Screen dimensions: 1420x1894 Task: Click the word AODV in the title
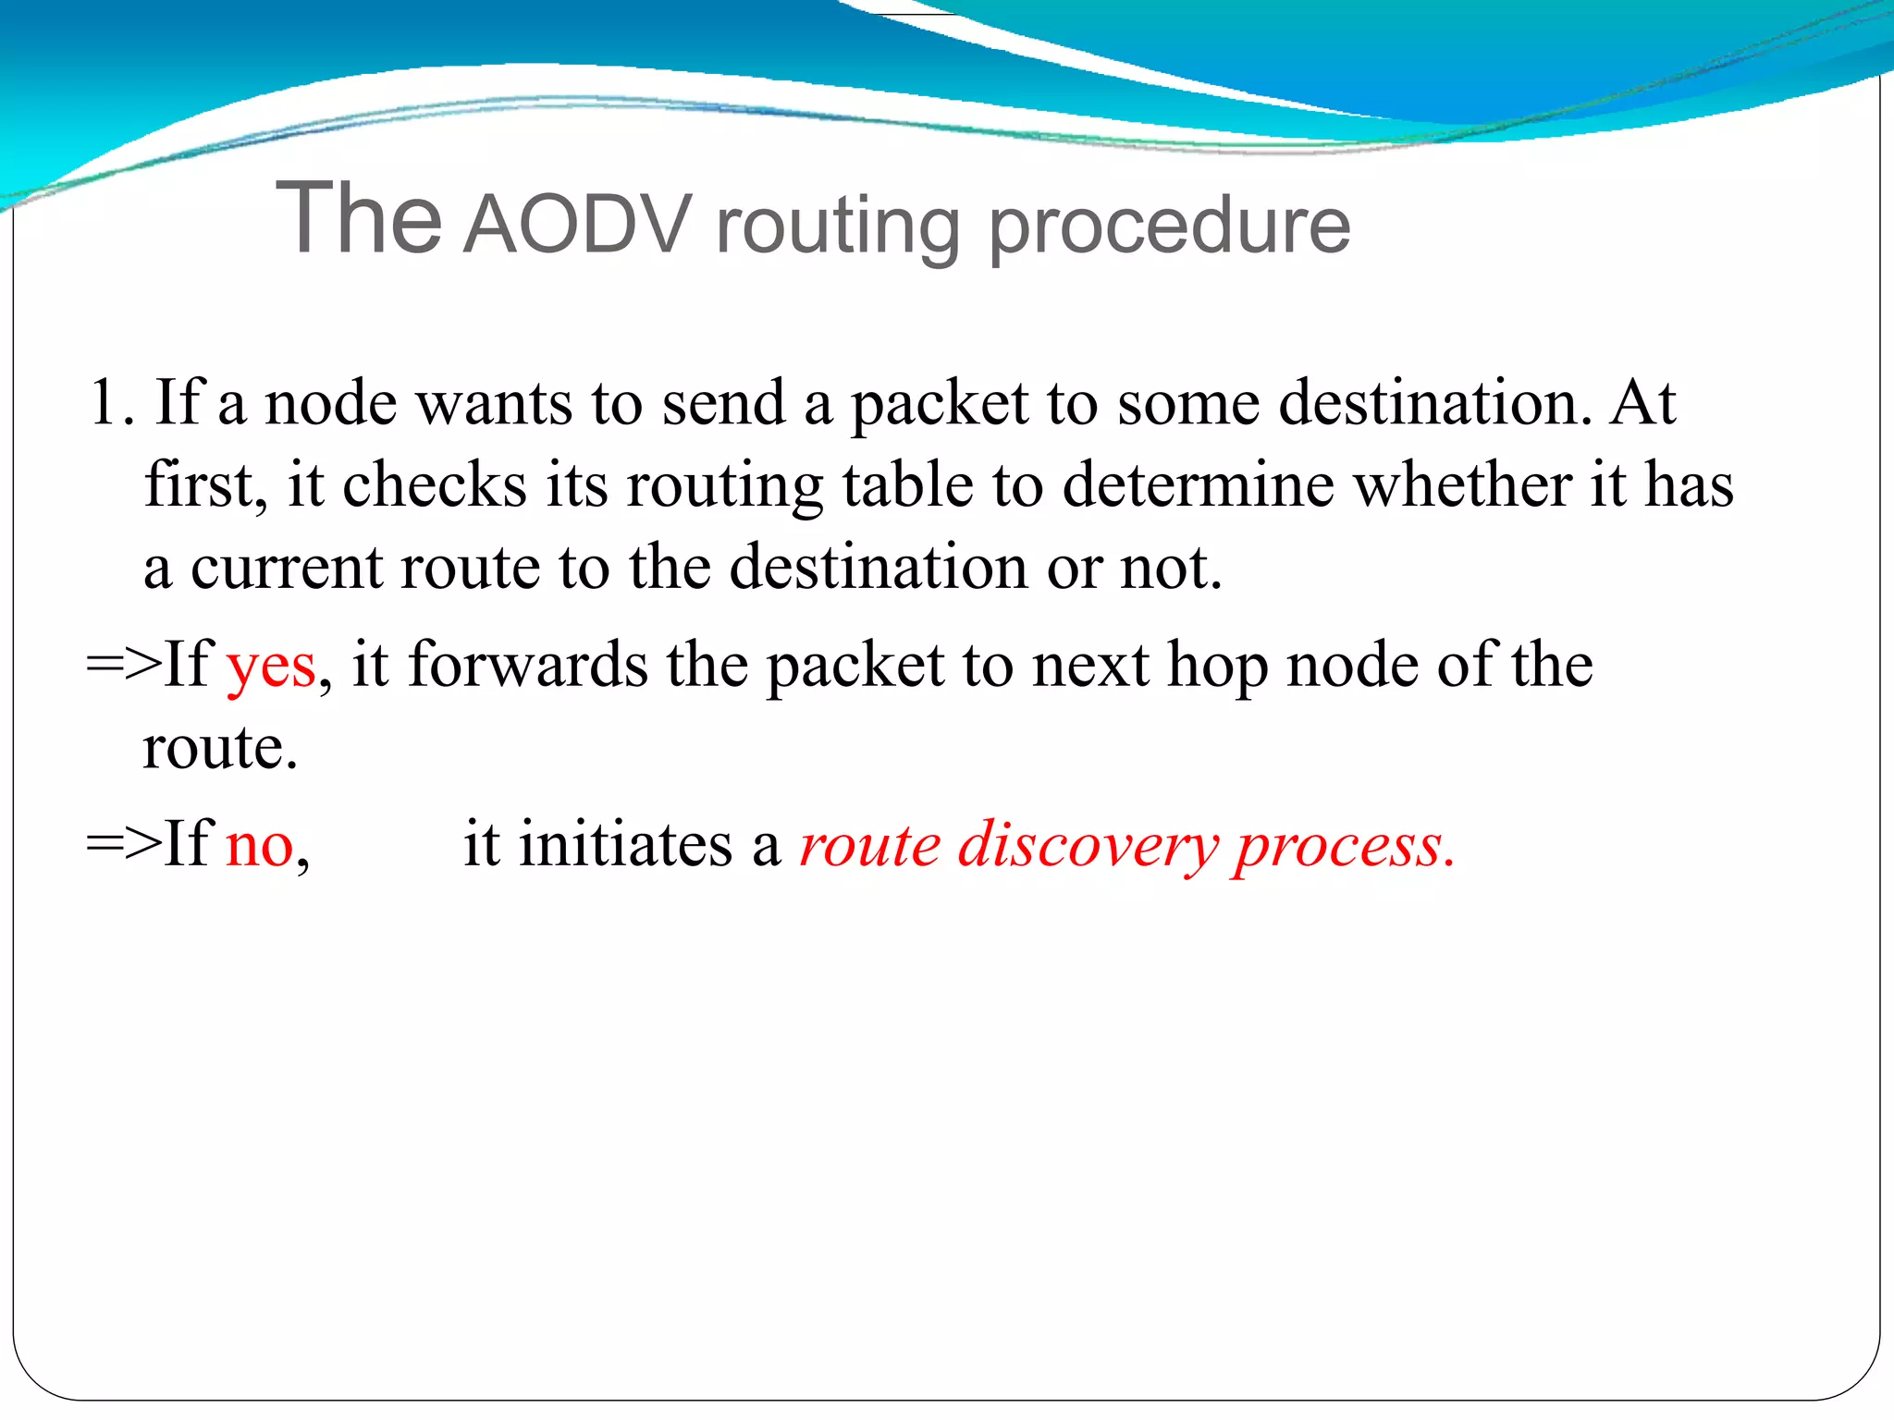tap(577, 225)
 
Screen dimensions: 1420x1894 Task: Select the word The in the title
tap(359, 218)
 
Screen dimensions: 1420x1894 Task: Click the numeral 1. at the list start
tap(111, 403)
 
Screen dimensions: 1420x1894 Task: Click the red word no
tap(260, 845)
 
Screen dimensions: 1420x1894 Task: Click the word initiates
tap(625, 845)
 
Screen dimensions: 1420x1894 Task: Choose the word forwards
tap(528, 666)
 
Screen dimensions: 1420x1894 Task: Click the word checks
tap(434, 485)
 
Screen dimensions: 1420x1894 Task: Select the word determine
tap(1198, 485)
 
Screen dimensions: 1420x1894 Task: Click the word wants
tap(494, 405)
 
